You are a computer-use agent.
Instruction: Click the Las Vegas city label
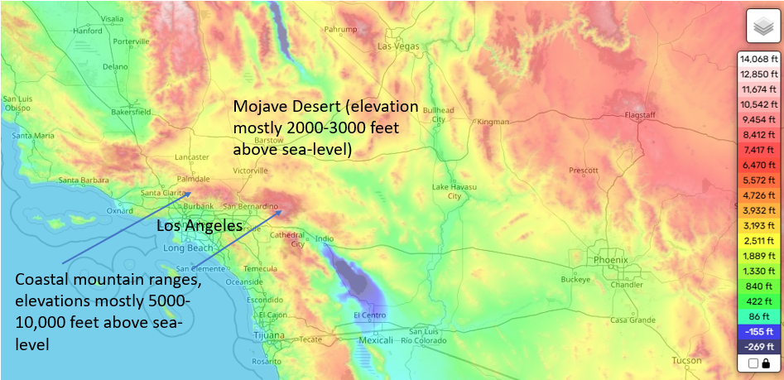398,46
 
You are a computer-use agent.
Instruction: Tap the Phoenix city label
611,259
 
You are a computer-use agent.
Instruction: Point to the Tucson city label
687,360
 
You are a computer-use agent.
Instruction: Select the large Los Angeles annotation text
200,225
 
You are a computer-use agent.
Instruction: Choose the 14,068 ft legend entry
758,59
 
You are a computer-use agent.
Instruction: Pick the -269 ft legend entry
758,346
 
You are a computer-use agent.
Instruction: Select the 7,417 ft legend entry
758,149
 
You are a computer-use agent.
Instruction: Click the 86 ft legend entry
758,316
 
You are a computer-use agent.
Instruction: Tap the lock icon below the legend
767,363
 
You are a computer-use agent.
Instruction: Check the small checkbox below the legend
753,363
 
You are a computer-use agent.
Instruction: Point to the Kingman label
493,122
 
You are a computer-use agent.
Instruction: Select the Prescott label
583,171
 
